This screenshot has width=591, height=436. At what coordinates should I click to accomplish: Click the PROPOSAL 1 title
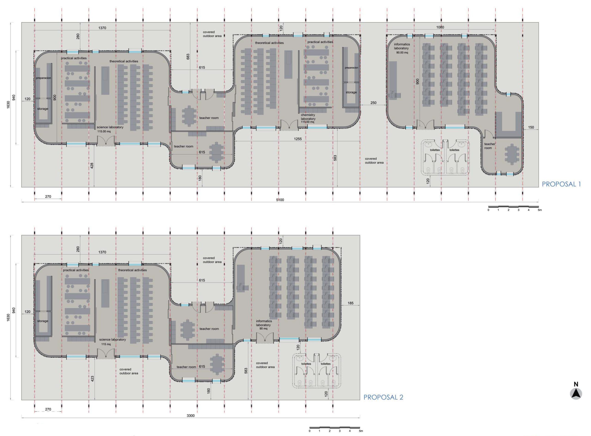pyautogui.click(x=561, y=184)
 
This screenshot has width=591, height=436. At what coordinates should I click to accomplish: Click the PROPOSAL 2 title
pyautogui.click(x=383, y=397)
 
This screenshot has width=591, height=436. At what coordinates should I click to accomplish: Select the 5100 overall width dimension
pyautogui.click(x=280, y=200)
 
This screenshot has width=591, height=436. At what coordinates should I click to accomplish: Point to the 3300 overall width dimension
pyautogui.click(x=190, y=416)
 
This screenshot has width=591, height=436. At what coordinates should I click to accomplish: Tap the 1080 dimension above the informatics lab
pyautogui.click(x=440, y=27)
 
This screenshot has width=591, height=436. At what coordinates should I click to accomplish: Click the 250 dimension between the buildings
pyautogui.click(x=373, y=103)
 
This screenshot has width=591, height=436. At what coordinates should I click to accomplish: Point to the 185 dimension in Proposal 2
pyautogui.click(x=350, y=303)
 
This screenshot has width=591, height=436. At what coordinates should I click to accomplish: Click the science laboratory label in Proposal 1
pyautogui.click(x=110, y=127)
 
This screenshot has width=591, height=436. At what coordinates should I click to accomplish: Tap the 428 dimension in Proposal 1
pyautogui.click(x=92, y=166)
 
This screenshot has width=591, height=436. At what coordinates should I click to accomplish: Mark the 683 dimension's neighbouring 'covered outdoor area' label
pyautogui.click(x=212, y=34)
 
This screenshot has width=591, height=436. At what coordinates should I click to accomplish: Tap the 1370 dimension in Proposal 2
pyautogui.click(x=102, y=252)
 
